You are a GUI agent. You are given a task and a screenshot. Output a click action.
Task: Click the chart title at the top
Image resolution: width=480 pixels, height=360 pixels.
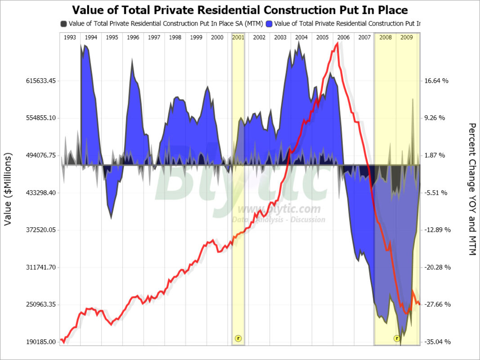[240, 10]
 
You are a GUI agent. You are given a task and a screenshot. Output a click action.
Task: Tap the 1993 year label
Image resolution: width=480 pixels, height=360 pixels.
[70, 38]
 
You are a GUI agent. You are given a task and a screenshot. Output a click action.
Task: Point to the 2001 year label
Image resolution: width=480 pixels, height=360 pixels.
[238, 38]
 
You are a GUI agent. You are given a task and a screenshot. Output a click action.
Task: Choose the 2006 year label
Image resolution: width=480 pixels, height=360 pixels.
[343, 38]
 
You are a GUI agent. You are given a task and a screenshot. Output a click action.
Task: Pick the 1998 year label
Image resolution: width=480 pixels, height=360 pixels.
[175, 38]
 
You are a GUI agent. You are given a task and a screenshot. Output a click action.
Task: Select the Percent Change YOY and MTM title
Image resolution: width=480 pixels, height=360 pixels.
[472, 189]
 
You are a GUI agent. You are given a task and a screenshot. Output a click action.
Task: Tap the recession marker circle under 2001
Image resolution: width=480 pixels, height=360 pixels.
[238, 338]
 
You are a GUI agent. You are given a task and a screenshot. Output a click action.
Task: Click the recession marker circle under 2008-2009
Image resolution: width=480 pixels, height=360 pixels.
[397, 338]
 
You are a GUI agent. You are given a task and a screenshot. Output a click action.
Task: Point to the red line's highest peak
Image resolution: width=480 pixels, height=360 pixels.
[337, 43]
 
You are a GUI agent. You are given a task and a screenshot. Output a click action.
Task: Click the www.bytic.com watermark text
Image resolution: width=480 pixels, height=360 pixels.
[279, 209]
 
